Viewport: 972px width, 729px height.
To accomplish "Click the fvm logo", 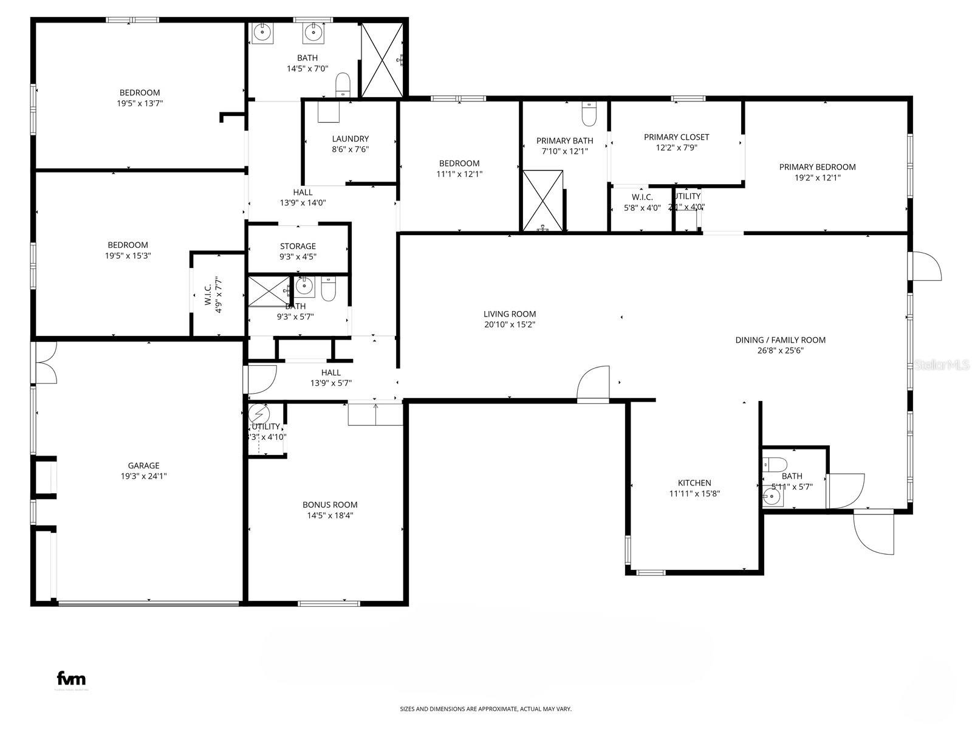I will point(71,679).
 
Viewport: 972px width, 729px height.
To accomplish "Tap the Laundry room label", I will point(350,139).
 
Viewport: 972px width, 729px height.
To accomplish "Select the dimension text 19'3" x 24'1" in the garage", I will point(143,476).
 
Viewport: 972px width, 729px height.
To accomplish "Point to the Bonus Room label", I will point(330,504).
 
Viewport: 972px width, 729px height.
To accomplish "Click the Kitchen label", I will point(694,483).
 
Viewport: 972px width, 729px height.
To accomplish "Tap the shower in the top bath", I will point(382,60).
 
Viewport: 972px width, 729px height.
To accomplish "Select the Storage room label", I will point(298,246).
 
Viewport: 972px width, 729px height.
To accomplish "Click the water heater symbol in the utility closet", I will point(259,414).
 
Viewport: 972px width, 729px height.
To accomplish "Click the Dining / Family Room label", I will point(780,340).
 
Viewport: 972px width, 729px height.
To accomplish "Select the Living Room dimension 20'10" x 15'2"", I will point(510,324).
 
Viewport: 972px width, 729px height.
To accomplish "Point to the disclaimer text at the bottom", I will point(485,709).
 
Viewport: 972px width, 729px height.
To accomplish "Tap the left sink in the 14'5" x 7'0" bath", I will point(262,33).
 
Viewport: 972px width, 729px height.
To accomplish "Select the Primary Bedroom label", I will point(817,166).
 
